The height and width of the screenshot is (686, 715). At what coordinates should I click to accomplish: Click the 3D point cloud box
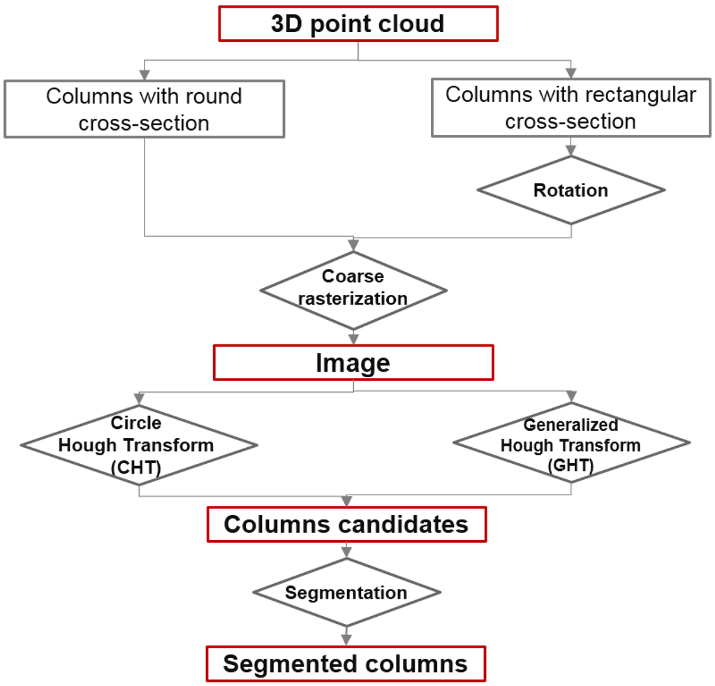coord(358,24)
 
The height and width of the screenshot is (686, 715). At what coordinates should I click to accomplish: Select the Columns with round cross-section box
coord(144,108)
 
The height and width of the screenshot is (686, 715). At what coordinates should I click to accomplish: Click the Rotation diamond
coord(570,190)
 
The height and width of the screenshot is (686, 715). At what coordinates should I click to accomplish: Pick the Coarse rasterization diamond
coord(353,288)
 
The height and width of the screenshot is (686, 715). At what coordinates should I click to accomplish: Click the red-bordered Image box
coord(353,363)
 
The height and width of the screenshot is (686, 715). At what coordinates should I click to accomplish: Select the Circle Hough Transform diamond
coord(139,445)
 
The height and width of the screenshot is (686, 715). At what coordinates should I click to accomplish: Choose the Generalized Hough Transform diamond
coord(571,445)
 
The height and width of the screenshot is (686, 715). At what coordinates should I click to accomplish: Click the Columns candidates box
coord(346,524)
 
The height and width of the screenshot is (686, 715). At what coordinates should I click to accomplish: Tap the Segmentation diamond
coord(346,592)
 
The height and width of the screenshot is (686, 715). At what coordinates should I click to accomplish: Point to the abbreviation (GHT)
coord(570,465)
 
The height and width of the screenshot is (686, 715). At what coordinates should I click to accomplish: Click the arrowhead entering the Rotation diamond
coord(570,150)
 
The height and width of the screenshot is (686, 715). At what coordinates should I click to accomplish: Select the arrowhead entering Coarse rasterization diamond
coord(353,245)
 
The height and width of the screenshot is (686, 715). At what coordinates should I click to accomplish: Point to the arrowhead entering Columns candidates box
coord(346,502)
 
